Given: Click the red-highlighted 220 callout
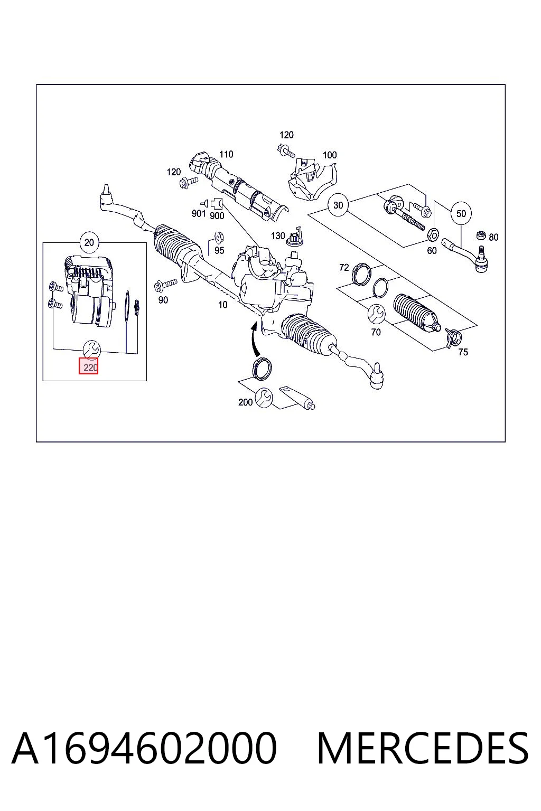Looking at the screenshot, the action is click(89, 366).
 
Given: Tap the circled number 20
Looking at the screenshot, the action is click(89, 242).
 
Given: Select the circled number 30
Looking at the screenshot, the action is click(338, 205).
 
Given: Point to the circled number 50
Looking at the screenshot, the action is click(461, 214).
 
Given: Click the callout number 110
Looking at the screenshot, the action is click(226, 155).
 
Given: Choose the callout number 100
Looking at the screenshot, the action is click(330, 155).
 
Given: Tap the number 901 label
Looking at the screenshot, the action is click(199, 214).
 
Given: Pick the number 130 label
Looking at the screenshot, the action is click(278, 236).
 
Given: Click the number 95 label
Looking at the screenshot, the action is click(219, 251).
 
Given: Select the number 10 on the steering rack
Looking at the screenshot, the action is click(223, 305).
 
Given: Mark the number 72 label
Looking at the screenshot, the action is click(344, 268).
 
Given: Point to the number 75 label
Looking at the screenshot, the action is click(463, 352).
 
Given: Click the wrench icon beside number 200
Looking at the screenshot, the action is click(264, 398).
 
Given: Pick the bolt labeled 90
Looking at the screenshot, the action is click(165, 285).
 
